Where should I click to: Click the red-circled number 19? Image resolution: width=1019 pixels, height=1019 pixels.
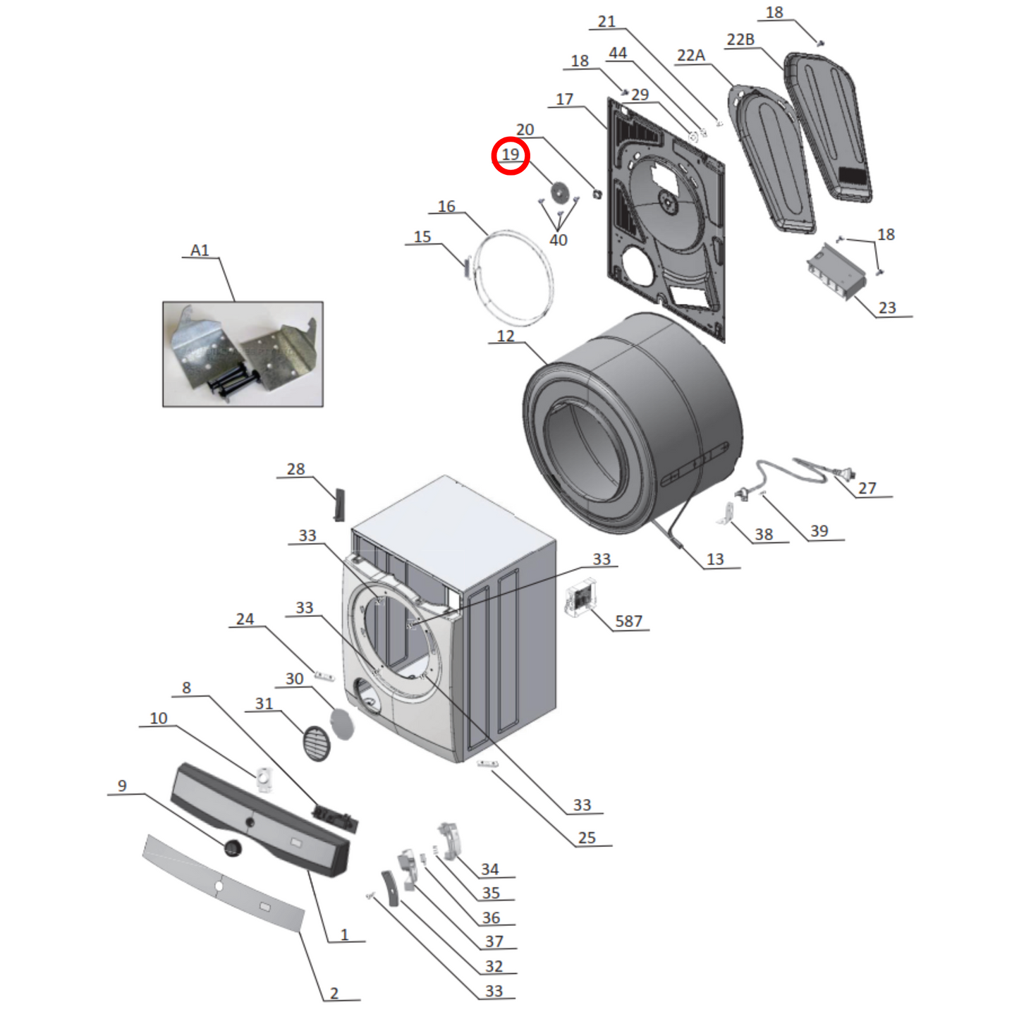(510, 155)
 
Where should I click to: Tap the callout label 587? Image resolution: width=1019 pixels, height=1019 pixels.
(628, 621)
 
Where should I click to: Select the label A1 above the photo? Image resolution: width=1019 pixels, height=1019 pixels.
(200, 250)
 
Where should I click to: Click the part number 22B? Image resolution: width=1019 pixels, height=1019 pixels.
(740, 39)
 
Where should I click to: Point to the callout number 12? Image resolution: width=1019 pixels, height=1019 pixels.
(506, 336)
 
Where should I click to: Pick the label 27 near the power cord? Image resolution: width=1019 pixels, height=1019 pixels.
(867, 488)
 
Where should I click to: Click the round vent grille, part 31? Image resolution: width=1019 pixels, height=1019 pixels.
(317, 743)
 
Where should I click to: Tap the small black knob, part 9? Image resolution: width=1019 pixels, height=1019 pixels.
(233, 848)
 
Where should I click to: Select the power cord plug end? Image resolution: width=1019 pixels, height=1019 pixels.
(843, 473)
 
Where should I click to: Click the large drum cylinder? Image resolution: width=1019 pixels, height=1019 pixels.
(635, 423)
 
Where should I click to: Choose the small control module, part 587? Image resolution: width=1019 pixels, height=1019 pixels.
(580, 598)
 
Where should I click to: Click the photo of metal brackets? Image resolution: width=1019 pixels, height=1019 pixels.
(243, 354)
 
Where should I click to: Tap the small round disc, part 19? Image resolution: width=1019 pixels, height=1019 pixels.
(559, 192)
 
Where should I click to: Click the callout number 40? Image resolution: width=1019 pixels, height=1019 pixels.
(558, 240)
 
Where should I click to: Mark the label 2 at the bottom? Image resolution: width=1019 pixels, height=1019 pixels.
(334, 993)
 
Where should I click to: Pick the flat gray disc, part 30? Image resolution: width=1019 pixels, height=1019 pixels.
(342, 723)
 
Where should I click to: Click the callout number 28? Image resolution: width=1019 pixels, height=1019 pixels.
(295, 469)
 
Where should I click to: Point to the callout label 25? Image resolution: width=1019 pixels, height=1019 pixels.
(587, 838)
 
